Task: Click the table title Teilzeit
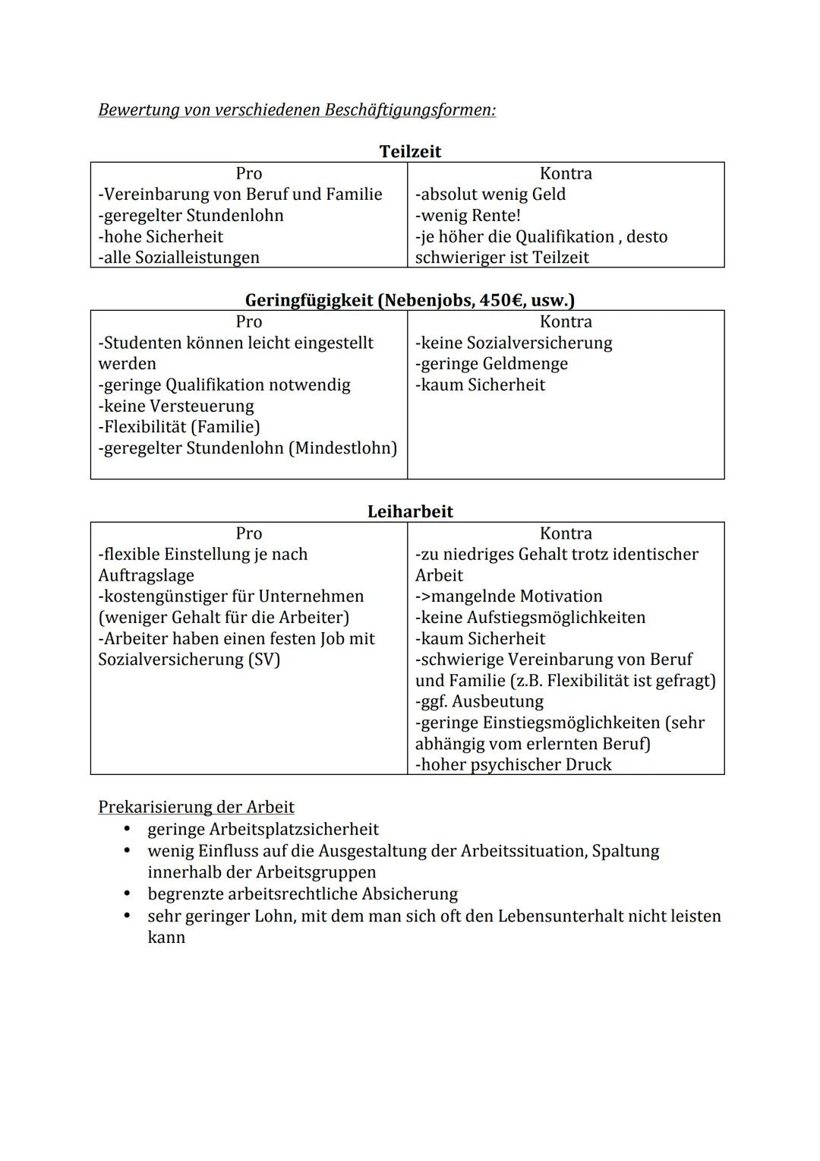410,151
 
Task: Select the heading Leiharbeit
410,511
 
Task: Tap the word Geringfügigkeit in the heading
309,300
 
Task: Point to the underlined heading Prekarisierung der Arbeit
196,807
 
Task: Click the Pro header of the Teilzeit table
248,173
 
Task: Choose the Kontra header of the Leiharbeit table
566,533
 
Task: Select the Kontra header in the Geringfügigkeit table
566,321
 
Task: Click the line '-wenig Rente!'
468,215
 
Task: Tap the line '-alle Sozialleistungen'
178,258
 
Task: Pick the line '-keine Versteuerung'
176,406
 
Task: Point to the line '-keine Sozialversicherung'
513,343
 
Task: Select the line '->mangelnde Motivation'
509,596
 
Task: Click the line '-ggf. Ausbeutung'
479,701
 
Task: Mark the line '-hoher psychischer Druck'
513,764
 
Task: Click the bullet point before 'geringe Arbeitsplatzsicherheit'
128,829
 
